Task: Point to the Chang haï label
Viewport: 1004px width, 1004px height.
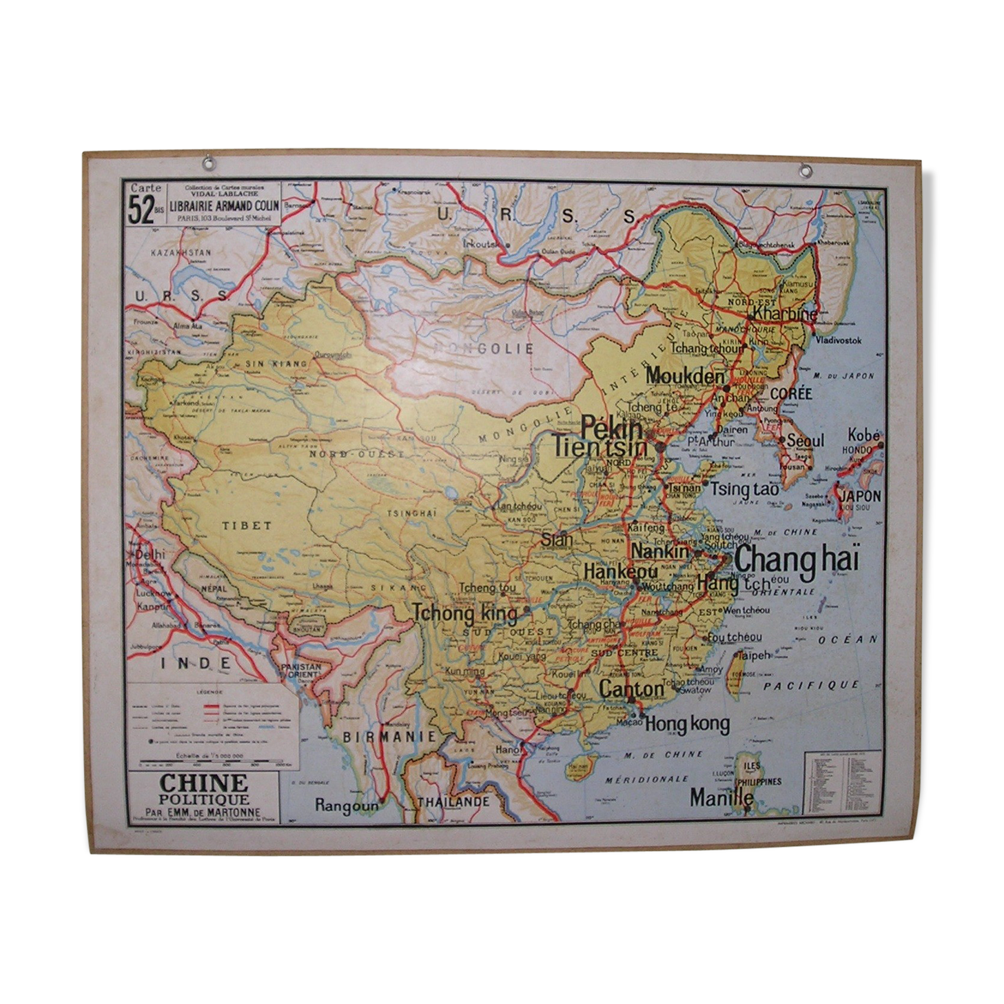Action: coord(797,560)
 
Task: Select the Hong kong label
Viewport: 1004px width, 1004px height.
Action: coord(687,723)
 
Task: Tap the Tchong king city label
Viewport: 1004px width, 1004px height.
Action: coord(465,613)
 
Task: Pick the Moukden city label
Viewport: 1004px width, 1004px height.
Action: coord(685,376)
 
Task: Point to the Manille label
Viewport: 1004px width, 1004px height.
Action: coord(721,798)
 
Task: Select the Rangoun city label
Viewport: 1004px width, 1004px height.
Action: coord(347,804)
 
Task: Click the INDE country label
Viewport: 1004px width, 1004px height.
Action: coord(195,664)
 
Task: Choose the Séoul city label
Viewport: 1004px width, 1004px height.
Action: coord(805,440)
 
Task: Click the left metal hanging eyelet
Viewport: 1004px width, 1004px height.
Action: coord(207,164)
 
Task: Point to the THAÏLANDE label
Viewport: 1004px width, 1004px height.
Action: coord(453,802)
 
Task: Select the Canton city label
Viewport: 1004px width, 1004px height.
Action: coord(631,688)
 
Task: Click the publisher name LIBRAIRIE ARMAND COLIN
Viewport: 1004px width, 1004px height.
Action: coord(228,205)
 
